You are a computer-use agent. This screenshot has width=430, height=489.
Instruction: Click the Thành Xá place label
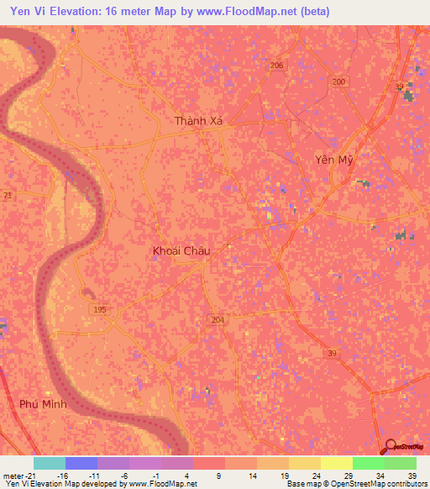[199, 122]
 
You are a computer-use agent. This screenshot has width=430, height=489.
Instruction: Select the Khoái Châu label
[181, 250]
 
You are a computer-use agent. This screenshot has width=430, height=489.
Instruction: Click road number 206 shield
[278, 66]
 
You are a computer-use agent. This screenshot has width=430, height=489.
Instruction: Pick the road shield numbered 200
[338, 81]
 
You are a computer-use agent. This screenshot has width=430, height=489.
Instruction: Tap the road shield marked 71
[8, 195]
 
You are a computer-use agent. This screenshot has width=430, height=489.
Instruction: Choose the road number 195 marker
[100, 310]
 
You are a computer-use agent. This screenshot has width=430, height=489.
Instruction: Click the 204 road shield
[218, 319]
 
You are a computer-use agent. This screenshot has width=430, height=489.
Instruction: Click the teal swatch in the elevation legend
[50, 463]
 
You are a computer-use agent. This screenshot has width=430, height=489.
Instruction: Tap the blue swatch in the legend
[81, 463]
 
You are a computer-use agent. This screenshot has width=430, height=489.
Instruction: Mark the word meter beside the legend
[12, 475]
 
